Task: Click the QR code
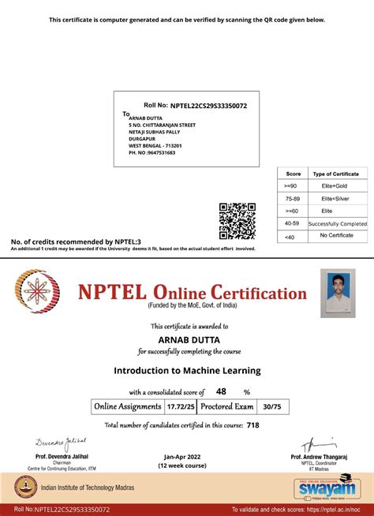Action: point(237,221)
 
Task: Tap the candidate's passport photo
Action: point(338,293)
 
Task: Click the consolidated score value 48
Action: point(221,391)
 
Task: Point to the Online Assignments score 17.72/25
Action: point(177,406)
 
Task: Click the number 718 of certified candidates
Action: point(252,424)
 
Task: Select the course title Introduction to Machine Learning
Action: point(187,369)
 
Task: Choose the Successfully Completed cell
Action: point(338,223)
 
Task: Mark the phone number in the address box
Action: point(152,152)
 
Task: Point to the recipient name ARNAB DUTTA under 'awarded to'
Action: point(186,340)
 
